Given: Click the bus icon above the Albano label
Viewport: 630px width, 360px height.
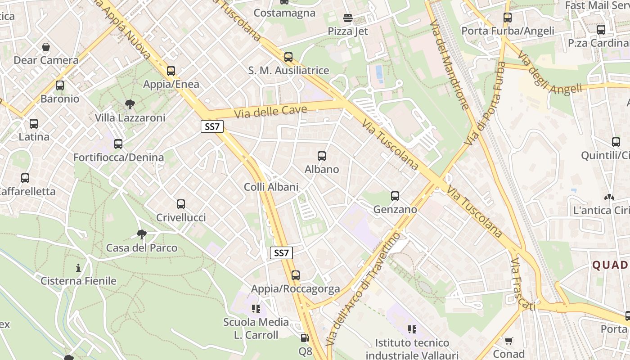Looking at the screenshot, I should coord(322,156).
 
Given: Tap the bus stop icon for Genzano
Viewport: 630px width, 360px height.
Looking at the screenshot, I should coord(395,196).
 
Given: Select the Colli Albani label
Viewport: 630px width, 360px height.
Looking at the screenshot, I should coord(271,187).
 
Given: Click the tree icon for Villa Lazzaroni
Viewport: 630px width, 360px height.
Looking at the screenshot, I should coord(130,104).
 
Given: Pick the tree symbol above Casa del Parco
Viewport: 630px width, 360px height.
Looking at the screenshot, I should coord(142,234).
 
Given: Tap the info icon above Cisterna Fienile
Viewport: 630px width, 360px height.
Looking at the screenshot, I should coord(79,268).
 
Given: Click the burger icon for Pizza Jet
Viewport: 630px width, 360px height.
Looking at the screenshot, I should coord(348,18).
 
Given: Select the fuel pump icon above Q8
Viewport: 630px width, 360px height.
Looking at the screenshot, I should coord(305,337).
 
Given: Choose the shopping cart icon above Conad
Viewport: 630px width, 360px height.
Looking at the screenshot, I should coord(508,341).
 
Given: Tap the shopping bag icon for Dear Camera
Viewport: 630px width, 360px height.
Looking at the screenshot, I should coord(46,47).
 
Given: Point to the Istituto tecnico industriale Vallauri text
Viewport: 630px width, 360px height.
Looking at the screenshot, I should coord(412,349).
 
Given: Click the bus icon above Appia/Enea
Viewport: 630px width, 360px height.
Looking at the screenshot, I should coord(171,71).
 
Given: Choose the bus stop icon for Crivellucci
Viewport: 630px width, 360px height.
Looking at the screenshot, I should coord(181,204).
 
